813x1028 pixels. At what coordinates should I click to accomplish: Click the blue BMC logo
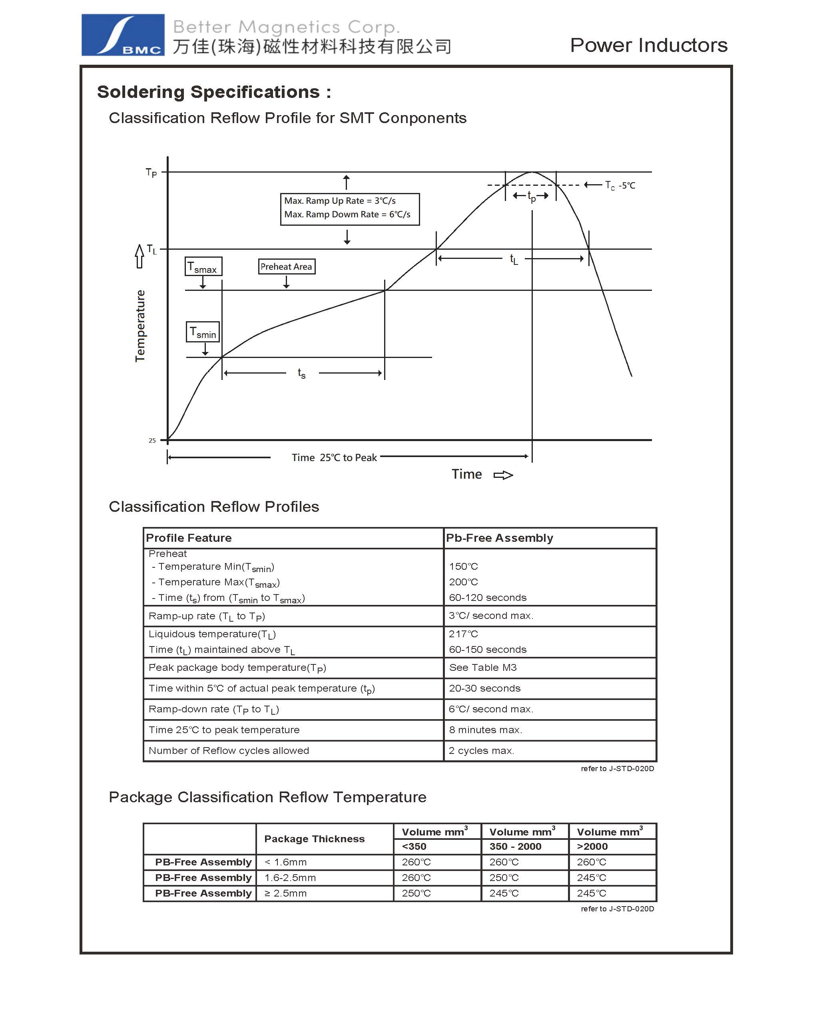point(123,35)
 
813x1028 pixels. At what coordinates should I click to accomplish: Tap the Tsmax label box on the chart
point(203,266)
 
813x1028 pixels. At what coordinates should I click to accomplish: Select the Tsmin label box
point(203,332)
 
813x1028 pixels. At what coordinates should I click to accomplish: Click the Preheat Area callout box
point(286,266)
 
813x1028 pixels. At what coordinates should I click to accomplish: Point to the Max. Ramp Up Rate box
point(349,209)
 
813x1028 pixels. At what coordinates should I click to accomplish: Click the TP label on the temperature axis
point(151,172)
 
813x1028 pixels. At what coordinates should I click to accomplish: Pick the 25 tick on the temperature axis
point(152,441)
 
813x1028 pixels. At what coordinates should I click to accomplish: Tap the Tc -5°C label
point(620,185)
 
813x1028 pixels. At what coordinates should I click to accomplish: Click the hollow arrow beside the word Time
point(503,475)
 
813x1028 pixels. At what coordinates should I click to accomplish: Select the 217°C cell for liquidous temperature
point(463,634)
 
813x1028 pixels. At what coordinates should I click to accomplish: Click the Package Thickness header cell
point(314,839)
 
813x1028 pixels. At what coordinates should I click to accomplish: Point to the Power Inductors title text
point(648,45)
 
